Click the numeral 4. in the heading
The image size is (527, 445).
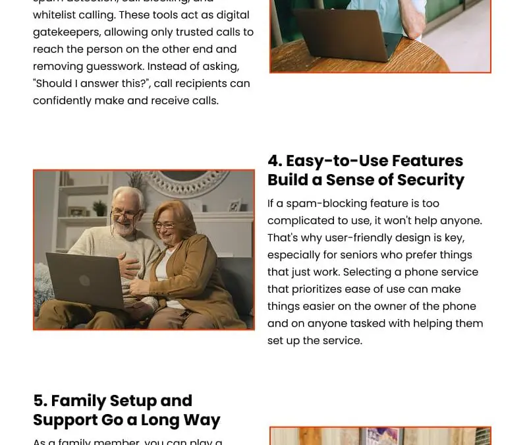275,161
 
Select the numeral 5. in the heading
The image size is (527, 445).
40,401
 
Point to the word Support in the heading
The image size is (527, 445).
61,420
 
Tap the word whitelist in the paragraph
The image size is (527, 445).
56,15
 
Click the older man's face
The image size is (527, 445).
125,211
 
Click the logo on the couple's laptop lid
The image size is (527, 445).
84,280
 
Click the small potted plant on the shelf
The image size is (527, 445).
99,208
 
